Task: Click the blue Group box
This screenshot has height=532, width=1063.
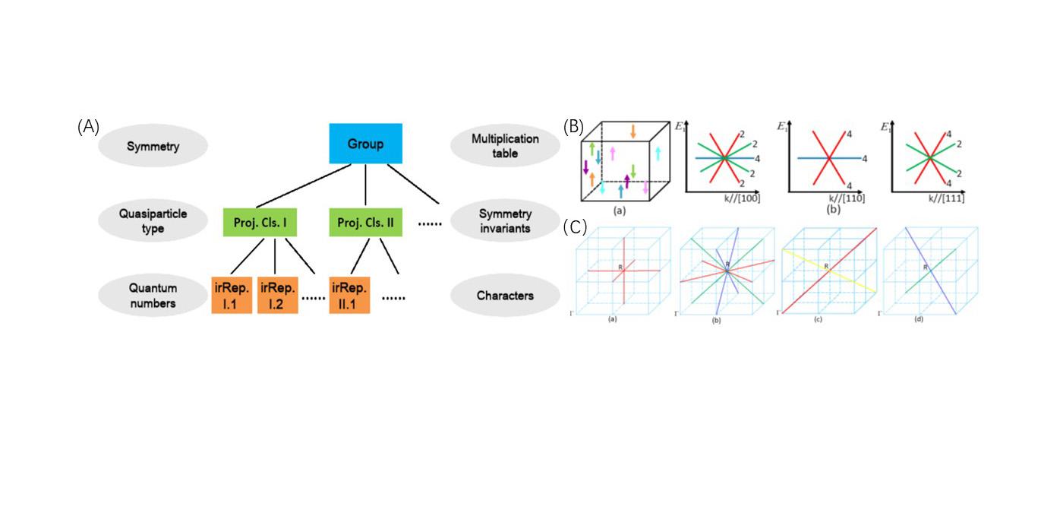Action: tap(366, 144)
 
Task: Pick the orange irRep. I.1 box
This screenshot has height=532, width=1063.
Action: tap(232, 294)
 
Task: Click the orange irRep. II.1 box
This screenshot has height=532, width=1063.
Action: tap(350, 294)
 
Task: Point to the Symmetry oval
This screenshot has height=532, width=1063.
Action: tap(153, 146)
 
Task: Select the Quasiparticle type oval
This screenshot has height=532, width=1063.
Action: tap(153, 220)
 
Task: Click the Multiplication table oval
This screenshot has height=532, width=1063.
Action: tap(505, 146)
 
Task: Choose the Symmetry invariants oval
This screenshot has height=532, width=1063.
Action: tap(505, 220)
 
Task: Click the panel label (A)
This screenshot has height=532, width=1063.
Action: tap(88, 128)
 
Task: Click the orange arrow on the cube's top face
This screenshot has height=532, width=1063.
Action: tap(632, 131)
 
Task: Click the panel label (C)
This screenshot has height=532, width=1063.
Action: tap(575, 226)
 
